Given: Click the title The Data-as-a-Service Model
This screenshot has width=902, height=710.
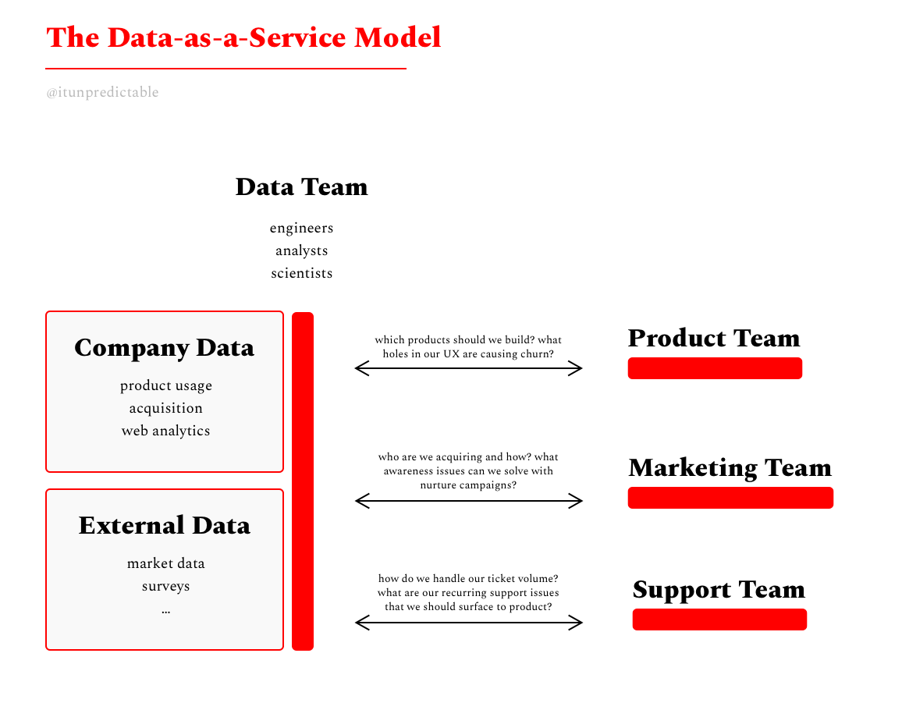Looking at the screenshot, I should [x=243, y=37].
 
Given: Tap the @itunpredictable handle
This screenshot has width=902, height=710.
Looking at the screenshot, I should [x=102, y=92].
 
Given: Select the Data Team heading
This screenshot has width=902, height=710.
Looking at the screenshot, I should [x=301, y=187].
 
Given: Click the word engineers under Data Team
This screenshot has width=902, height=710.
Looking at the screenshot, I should [x=301, y=228].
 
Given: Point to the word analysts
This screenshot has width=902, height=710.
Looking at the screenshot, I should [x=301, y=250].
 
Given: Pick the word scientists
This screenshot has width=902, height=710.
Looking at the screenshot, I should [x=301, y=273].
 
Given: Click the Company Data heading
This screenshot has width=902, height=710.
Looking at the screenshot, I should [x=164, y=348].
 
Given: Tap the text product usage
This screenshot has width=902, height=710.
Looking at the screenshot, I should [x=165, y=385].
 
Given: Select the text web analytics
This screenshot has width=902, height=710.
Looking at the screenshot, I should [x=165, y=431].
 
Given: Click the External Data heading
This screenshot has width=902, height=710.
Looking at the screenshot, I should [x=164, y=525].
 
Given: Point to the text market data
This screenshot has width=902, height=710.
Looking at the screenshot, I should [x=165, y=563].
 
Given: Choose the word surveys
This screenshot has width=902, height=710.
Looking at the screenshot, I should [x=165, y=586].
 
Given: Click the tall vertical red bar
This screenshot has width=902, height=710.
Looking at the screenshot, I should [x=303, y=481].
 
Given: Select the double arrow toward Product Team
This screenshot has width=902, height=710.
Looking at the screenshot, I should [x=468, y=368].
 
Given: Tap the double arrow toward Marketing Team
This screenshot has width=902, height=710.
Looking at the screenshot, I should [x=468, y=501].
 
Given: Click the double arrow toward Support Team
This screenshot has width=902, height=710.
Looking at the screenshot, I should [x=468, y=622].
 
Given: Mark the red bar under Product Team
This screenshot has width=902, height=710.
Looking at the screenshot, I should [x=715, y=368].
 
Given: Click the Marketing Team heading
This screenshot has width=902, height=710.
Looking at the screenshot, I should [x=730, y=467].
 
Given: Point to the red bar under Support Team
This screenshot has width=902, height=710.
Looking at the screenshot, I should [x=719, y=619].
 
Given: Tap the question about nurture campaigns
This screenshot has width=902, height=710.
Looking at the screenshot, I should [x=468, y=470].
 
